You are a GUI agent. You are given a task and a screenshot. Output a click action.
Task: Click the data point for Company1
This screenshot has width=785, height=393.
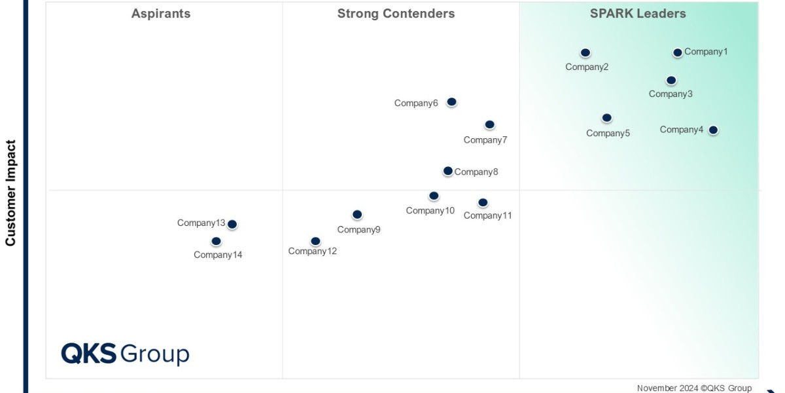point(678,52)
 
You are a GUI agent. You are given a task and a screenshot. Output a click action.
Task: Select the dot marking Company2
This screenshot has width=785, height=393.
point(585,52)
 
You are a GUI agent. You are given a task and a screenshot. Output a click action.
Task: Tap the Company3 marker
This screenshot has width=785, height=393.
point(671,81)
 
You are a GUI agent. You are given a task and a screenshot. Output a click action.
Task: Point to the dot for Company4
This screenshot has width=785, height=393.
point(713,130)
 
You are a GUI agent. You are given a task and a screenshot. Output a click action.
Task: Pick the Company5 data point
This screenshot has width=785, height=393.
point(607,118)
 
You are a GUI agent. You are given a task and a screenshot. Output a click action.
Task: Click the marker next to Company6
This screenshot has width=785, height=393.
point(451,102)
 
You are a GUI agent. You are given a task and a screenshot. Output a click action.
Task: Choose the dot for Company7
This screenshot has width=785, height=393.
point(489,124)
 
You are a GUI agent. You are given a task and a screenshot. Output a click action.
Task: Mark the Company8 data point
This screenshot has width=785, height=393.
point(447,171)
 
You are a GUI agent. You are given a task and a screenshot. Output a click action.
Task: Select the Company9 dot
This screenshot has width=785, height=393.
point(357,214)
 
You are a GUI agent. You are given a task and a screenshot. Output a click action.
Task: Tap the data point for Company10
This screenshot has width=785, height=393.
point(434,196)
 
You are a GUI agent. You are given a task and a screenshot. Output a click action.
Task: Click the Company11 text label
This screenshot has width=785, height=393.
point(487,215)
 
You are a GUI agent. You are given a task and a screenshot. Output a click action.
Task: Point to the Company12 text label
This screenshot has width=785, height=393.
point(313,251)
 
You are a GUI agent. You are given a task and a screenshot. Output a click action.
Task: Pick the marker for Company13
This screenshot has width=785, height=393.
point(232,224)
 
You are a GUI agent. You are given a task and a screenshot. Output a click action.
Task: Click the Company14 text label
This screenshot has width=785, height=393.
point(218,255)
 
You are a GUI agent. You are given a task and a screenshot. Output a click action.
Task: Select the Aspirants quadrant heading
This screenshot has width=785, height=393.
point(161,14)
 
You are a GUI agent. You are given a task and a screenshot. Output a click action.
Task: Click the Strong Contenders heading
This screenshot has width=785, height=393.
point(396,14)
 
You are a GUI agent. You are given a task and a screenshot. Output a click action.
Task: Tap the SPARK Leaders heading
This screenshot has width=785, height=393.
point(638,14)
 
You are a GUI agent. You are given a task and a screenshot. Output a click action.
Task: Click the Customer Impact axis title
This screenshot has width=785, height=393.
point(10,193)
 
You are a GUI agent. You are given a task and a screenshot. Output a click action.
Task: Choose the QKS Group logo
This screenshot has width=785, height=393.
point(125,354)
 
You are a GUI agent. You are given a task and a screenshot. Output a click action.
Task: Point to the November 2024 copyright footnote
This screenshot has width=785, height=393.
point(694,388)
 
